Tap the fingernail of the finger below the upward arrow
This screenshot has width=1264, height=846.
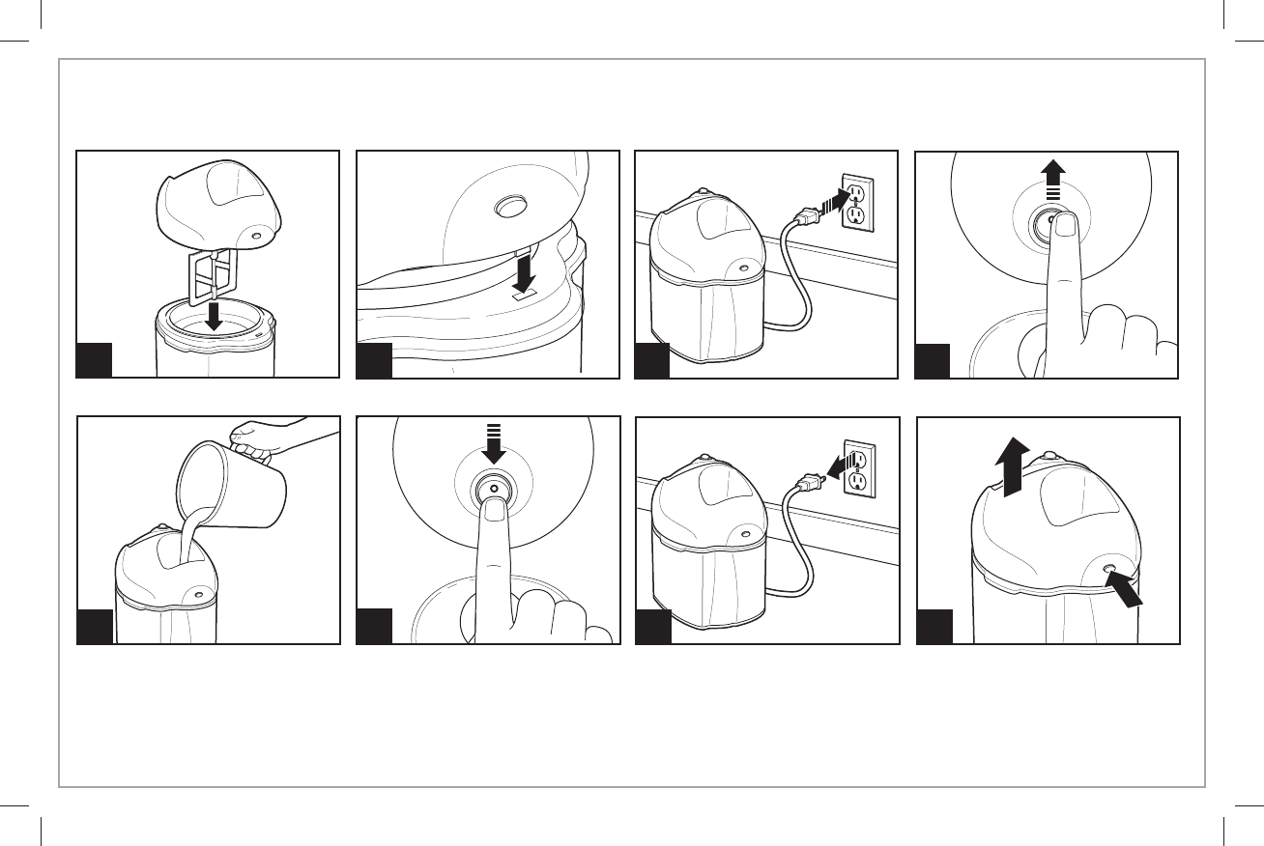click(1065, 226)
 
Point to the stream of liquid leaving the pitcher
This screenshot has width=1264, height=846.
click(187, 537)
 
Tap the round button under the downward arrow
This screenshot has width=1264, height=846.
click(494, 490)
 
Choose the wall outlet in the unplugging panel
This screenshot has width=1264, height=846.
click(859, 469)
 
